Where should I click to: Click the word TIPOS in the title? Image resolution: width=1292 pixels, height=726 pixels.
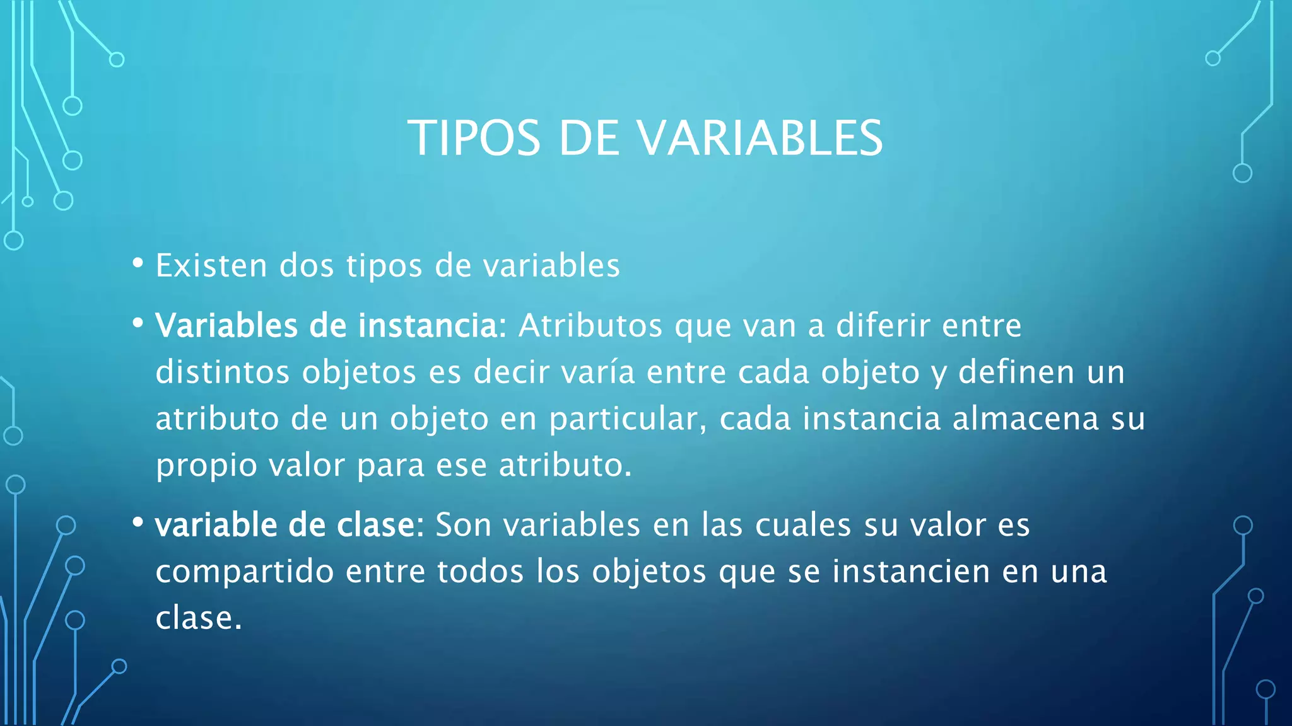pos(474,138)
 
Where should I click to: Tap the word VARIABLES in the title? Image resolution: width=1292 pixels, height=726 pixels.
pos(761,138)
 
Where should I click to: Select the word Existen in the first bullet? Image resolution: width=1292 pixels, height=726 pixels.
pos(211,265)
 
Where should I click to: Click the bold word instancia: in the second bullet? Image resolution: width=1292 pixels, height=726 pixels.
pos(432,326)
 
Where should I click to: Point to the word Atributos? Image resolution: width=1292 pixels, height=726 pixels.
pos(590,326)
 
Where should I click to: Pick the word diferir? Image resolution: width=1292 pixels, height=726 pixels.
pos(883,326)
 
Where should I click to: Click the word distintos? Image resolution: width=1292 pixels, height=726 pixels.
pos(223,372)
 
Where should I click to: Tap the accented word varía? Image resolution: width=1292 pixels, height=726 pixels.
pos(598,372)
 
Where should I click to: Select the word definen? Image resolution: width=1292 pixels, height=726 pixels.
pos(1016,372)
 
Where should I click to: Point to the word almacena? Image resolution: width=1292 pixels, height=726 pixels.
pos(1026,418)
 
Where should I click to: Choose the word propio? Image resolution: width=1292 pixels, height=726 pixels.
pos(206,465)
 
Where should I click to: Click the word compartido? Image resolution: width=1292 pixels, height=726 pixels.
pos(245,572)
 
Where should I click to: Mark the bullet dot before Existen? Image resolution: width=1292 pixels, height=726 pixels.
pos(138,263)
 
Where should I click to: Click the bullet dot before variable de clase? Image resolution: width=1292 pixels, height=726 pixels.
pos(138,522)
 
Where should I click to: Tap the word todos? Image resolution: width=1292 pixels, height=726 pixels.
pos(480,572)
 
